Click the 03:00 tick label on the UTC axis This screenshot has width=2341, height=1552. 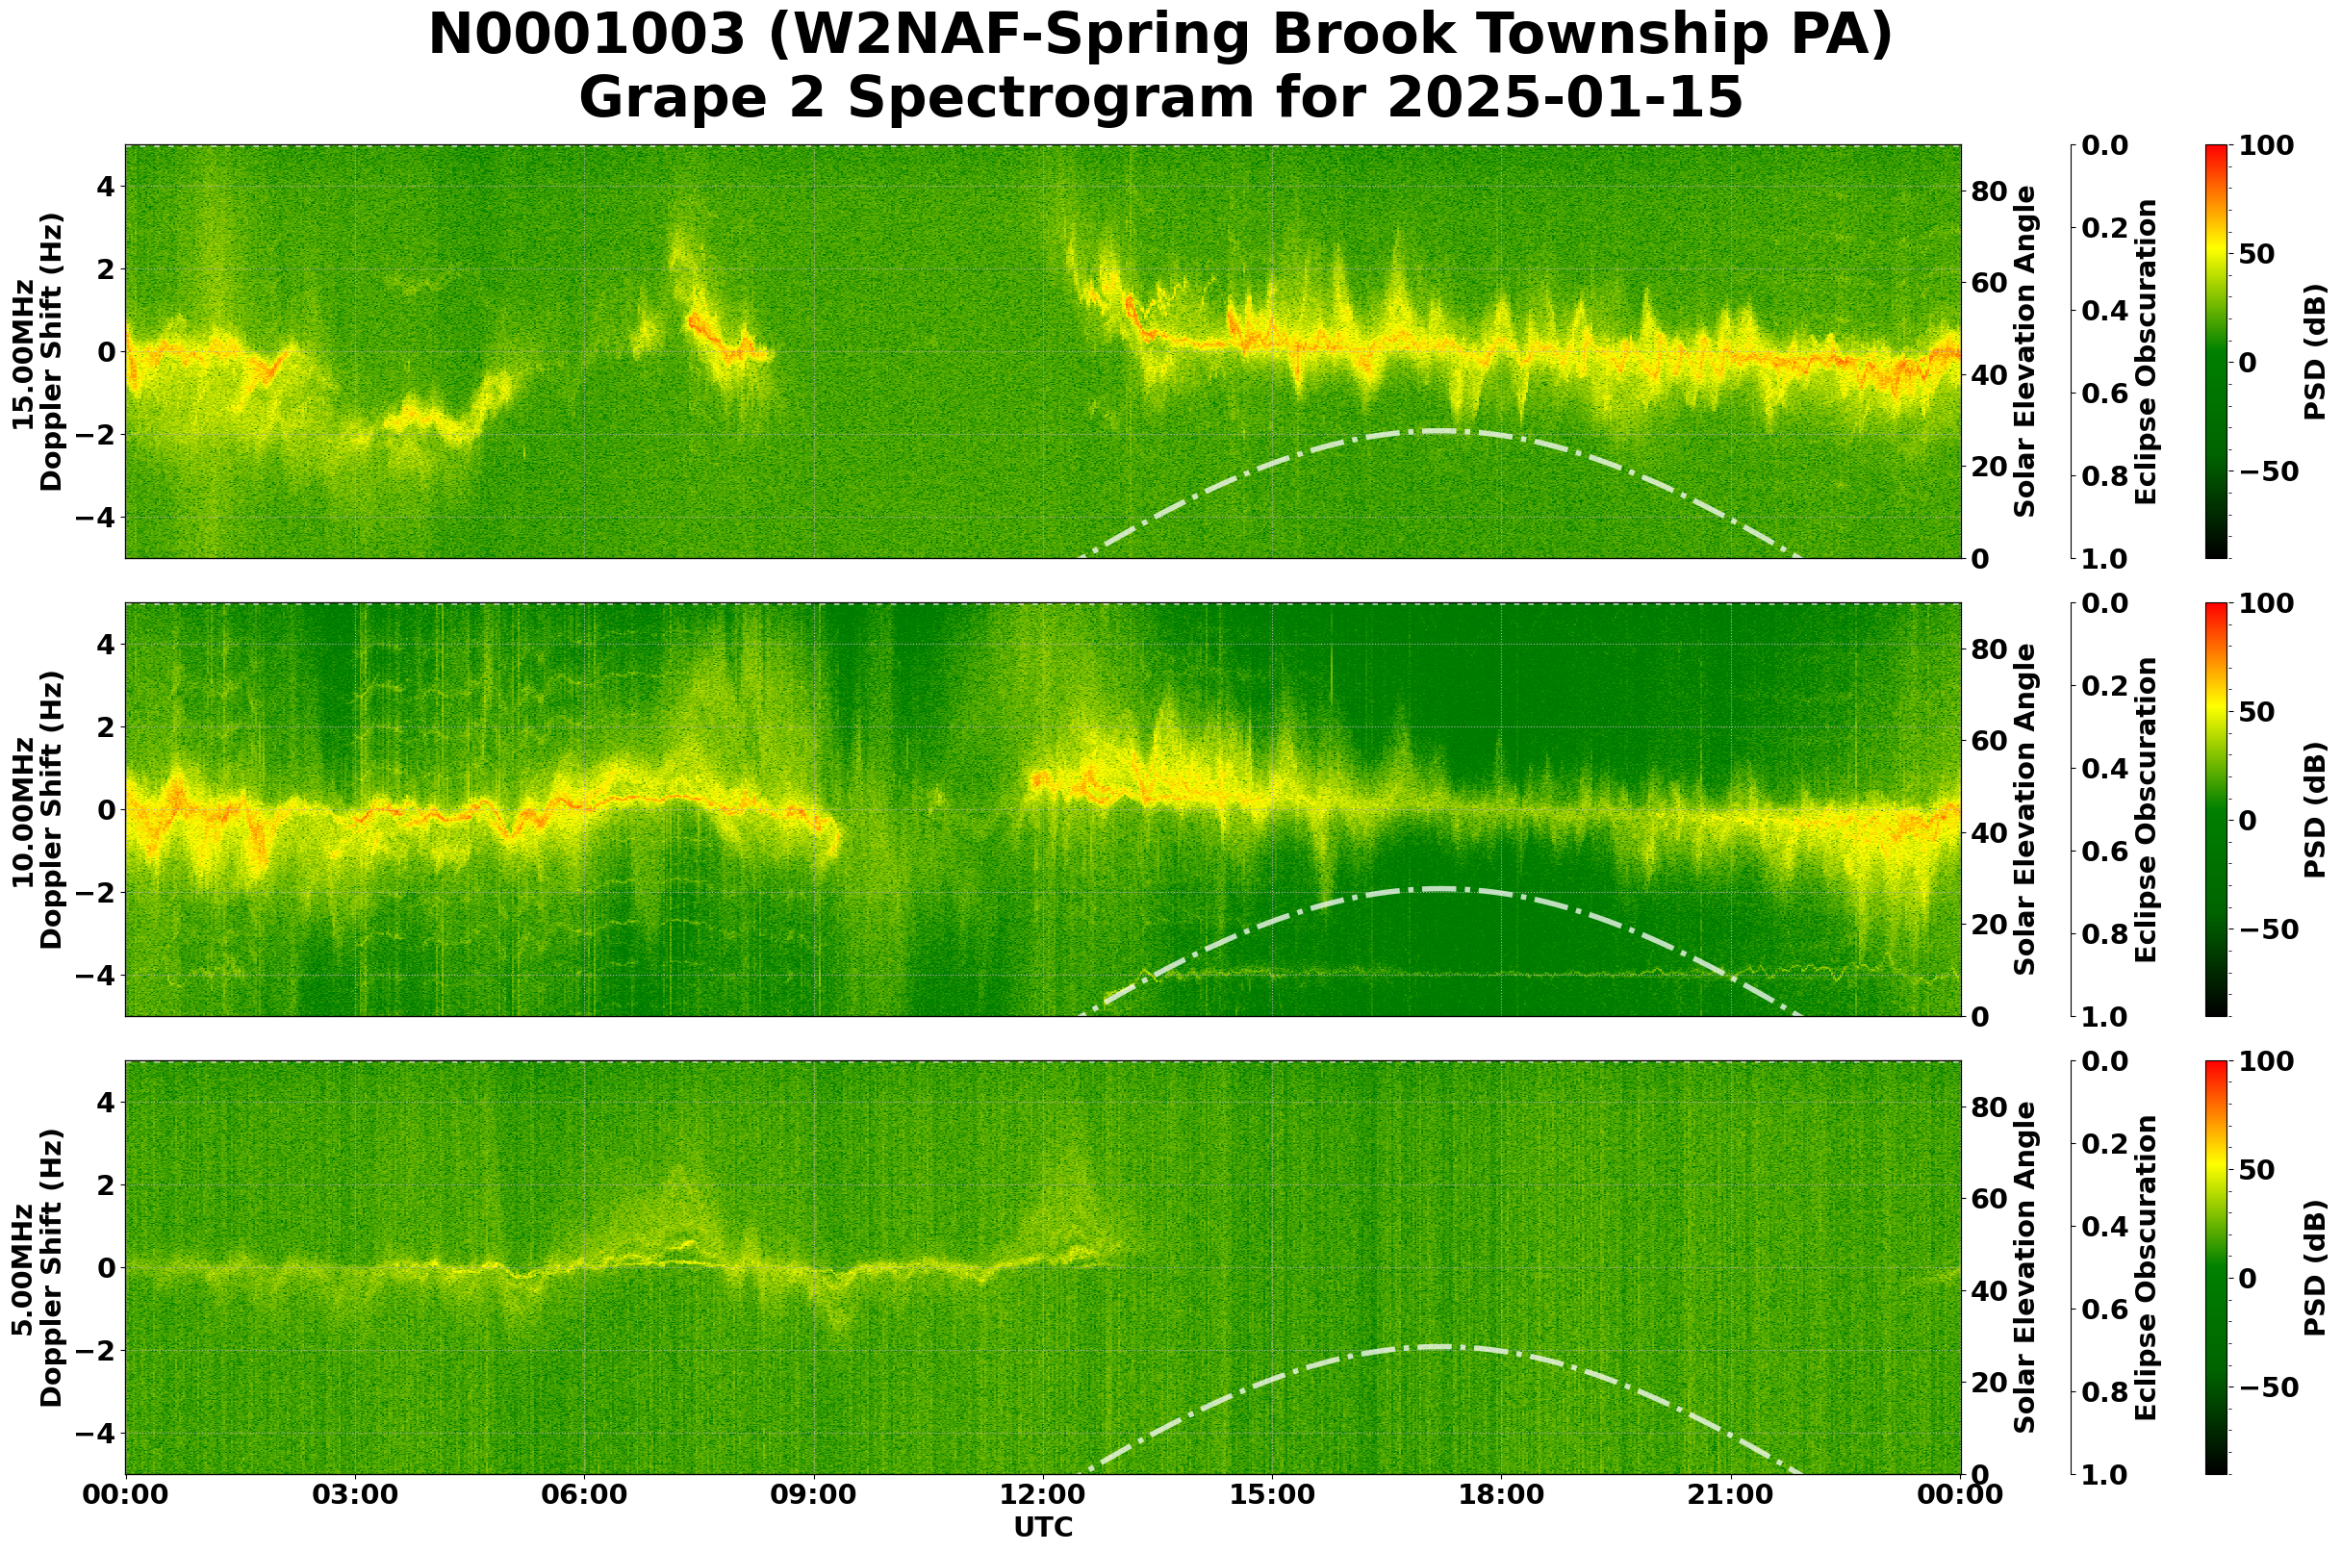click(354, 1495)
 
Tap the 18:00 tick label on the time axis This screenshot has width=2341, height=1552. click(1501, 1495)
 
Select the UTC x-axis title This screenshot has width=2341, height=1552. click(1042, 1527)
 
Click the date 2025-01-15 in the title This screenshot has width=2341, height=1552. click(1564, 99)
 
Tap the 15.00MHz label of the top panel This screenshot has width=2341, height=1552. click(22, 352)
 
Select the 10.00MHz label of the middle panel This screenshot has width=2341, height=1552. click(22, 809)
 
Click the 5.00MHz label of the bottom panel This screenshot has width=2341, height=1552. click(22, 1268)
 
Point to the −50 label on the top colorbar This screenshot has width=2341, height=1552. click(2267, 472)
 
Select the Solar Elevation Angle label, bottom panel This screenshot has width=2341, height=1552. click(2024, 1268)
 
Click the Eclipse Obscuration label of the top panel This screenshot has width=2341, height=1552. click(2145, 352)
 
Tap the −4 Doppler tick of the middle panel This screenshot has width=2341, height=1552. click(99, 976)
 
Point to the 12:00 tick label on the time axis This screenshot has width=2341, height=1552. click(1042, 1495)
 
